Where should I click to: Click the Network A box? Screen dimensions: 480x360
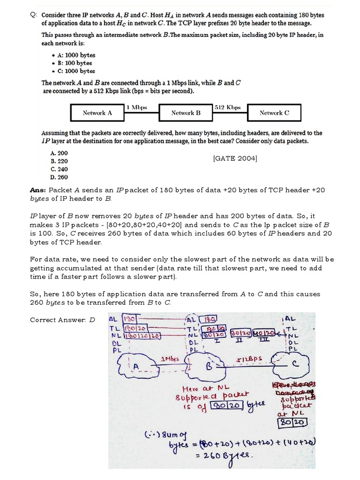(x=97, y=113)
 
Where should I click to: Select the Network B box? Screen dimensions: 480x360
(x=186, y=113)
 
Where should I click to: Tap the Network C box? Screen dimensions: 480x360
(x=274, y=113)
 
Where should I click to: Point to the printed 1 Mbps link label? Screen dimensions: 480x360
(x=137, y=107)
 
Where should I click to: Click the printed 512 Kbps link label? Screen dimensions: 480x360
(x=227, y=107)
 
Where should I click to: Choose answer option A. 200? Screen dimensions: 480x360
(x=59, y=153)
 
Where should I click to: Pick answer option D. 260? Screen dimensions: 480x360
(x=59, y=177)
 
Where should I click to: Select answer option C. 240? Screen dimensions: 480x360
(x=59, y=169)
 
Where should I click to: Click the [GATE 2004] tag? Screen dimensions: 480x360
(x=235, y=158)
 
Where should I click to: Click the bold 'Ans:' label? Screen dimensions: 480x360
(x=38, y=190)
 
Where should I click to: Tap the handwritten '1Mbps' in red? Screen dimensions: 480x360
(x=171, y=359)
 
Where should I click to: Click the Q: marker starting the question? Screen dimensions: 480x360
(x=33, y=15)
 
